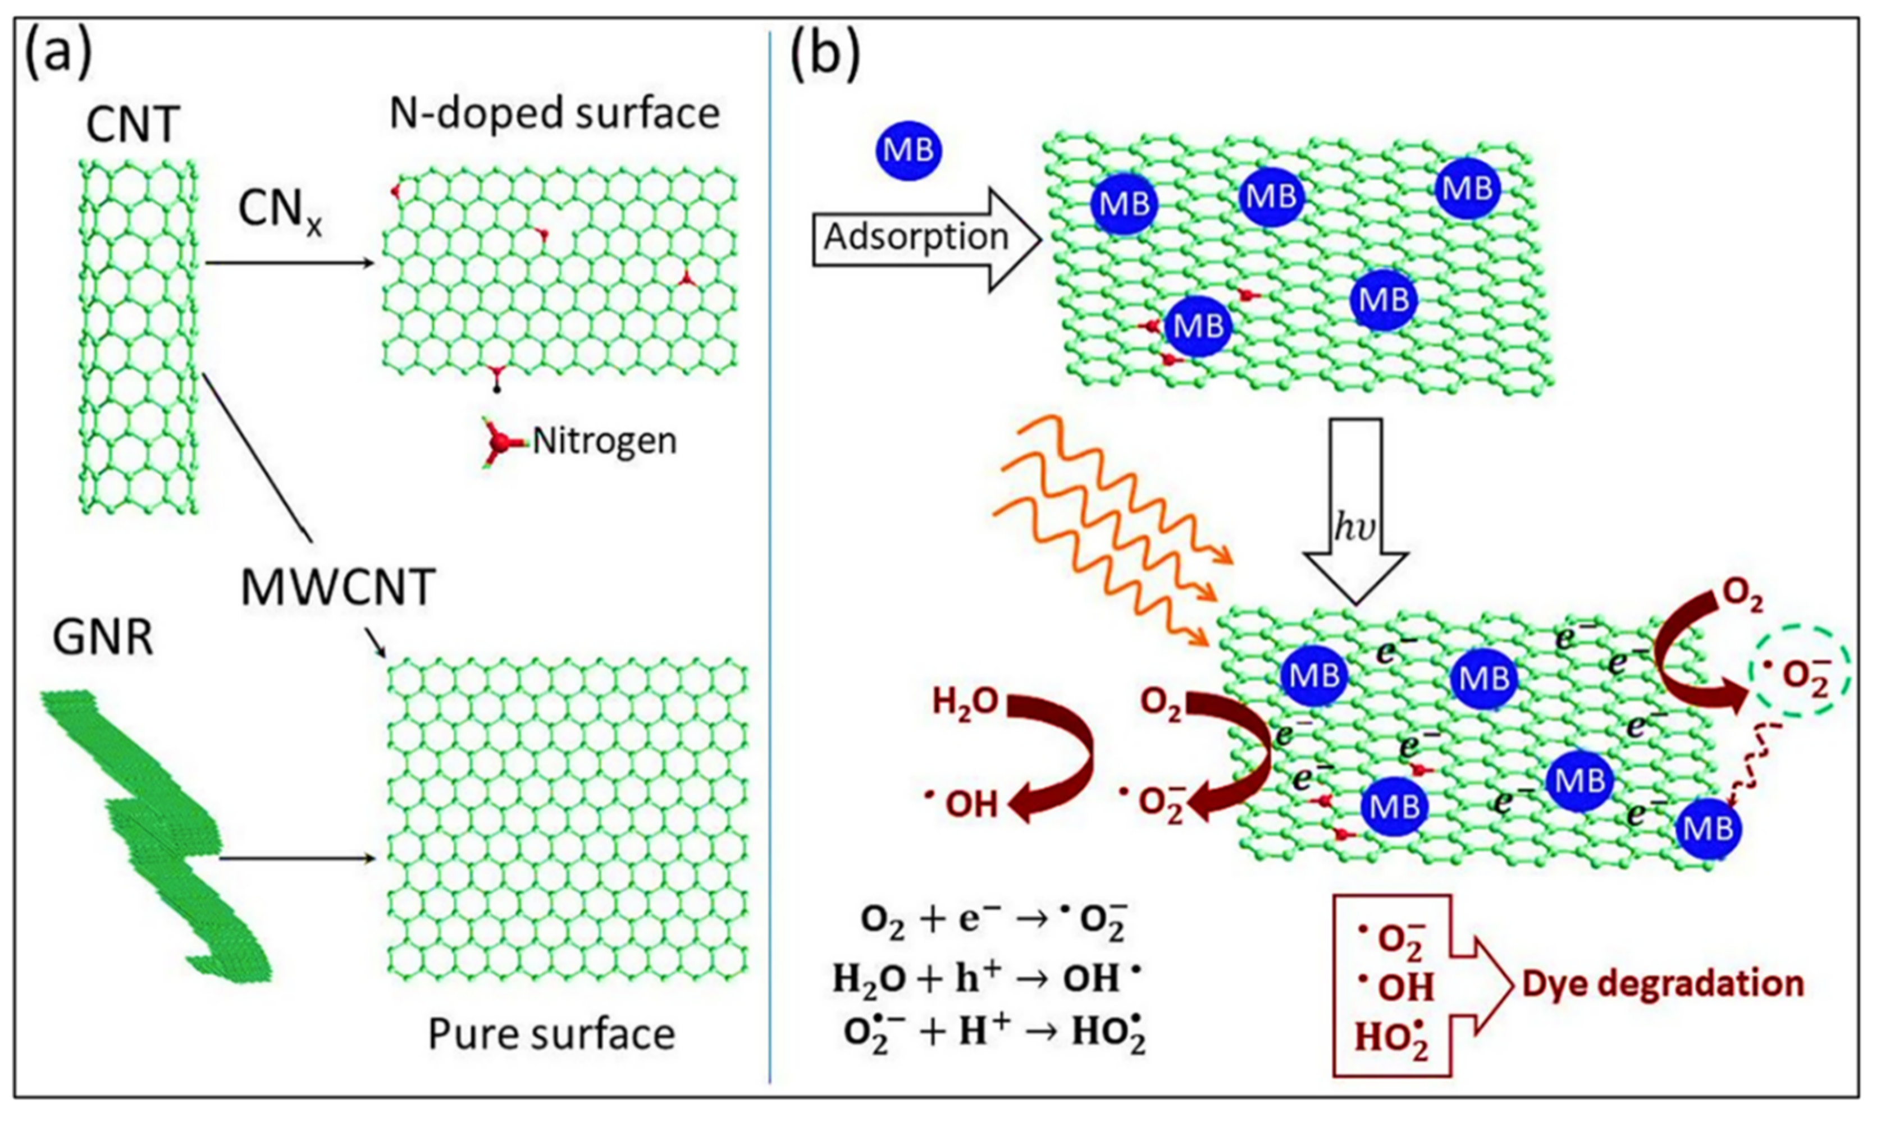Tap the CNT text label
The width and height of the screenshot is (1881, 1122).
coord(133,125)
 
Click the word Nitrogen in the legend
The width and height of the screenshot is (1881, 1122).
coord(604,441)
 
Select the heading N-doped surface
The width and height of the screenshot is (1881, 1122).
coord(554,114)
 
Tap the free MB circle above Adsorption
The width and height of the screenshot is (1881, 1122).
coord(908,150)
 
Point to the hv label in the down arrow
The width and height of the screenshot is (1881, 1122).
coord(1353,529)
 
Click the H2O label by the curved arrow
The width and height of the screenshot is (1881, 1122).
coord(964,704)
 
